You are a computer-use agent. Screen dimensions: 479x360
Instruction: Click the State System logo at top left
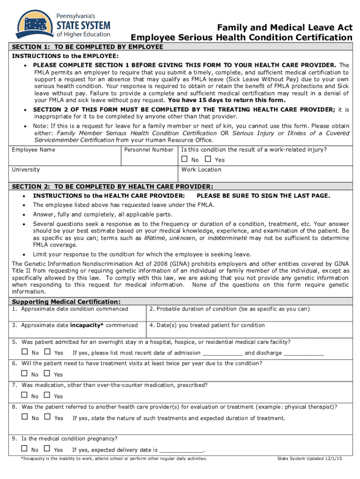(x=63, y=24)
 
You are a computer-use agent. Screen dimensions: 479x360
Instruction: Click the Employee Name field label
(x=33, y=150)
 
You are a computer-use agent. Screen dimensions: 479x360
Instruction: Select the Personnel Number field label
(x=149, y=150)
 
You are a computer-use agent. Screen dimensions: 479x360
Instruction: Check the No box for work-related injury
(x=184, y=160)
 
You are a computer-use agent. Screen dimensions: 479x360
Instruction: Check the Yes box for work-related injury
(x=208, y=160)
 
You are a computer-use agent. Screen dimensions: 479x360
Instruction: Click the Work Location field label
(x=201, y=170)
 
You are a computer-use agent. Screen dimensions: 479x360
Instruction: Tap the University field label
(x=26, y=170)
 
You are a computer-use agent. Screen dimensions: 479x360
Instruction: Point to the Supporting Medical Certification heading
(x=66, y=301)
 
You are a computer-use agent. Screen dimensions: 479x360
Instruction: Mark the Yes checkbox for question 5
(x=47, y=352)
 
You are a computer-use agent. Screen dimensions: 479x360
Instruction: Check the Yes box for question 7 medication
(x=47, y=396)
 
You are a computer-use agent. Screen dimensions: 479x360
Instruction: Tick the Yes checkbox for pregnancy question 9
(x=47, y=450)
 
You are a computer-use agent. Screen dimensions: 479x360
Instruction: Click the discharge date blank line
(x=304, y=354)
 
